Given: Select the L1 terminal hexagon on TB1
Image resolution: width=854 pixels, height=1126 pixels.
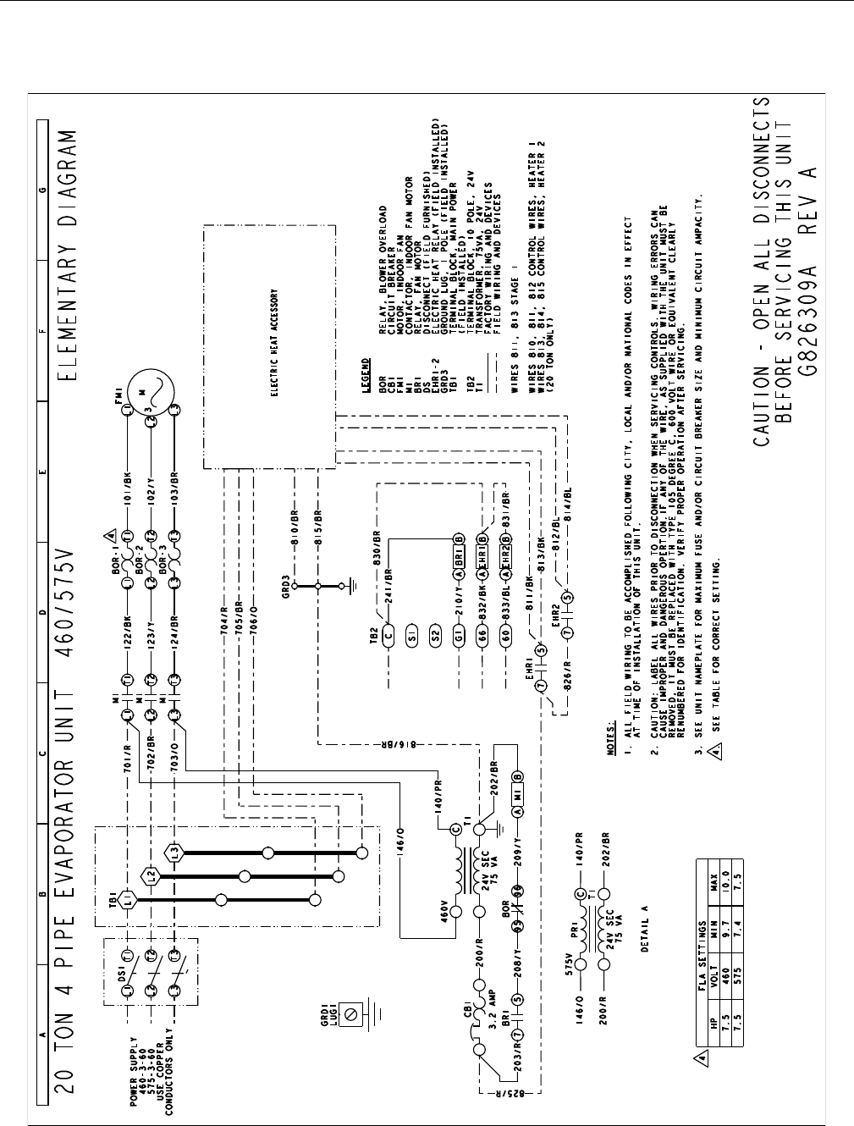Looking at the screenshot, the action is pyautogui.click(x=127, y=896).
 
